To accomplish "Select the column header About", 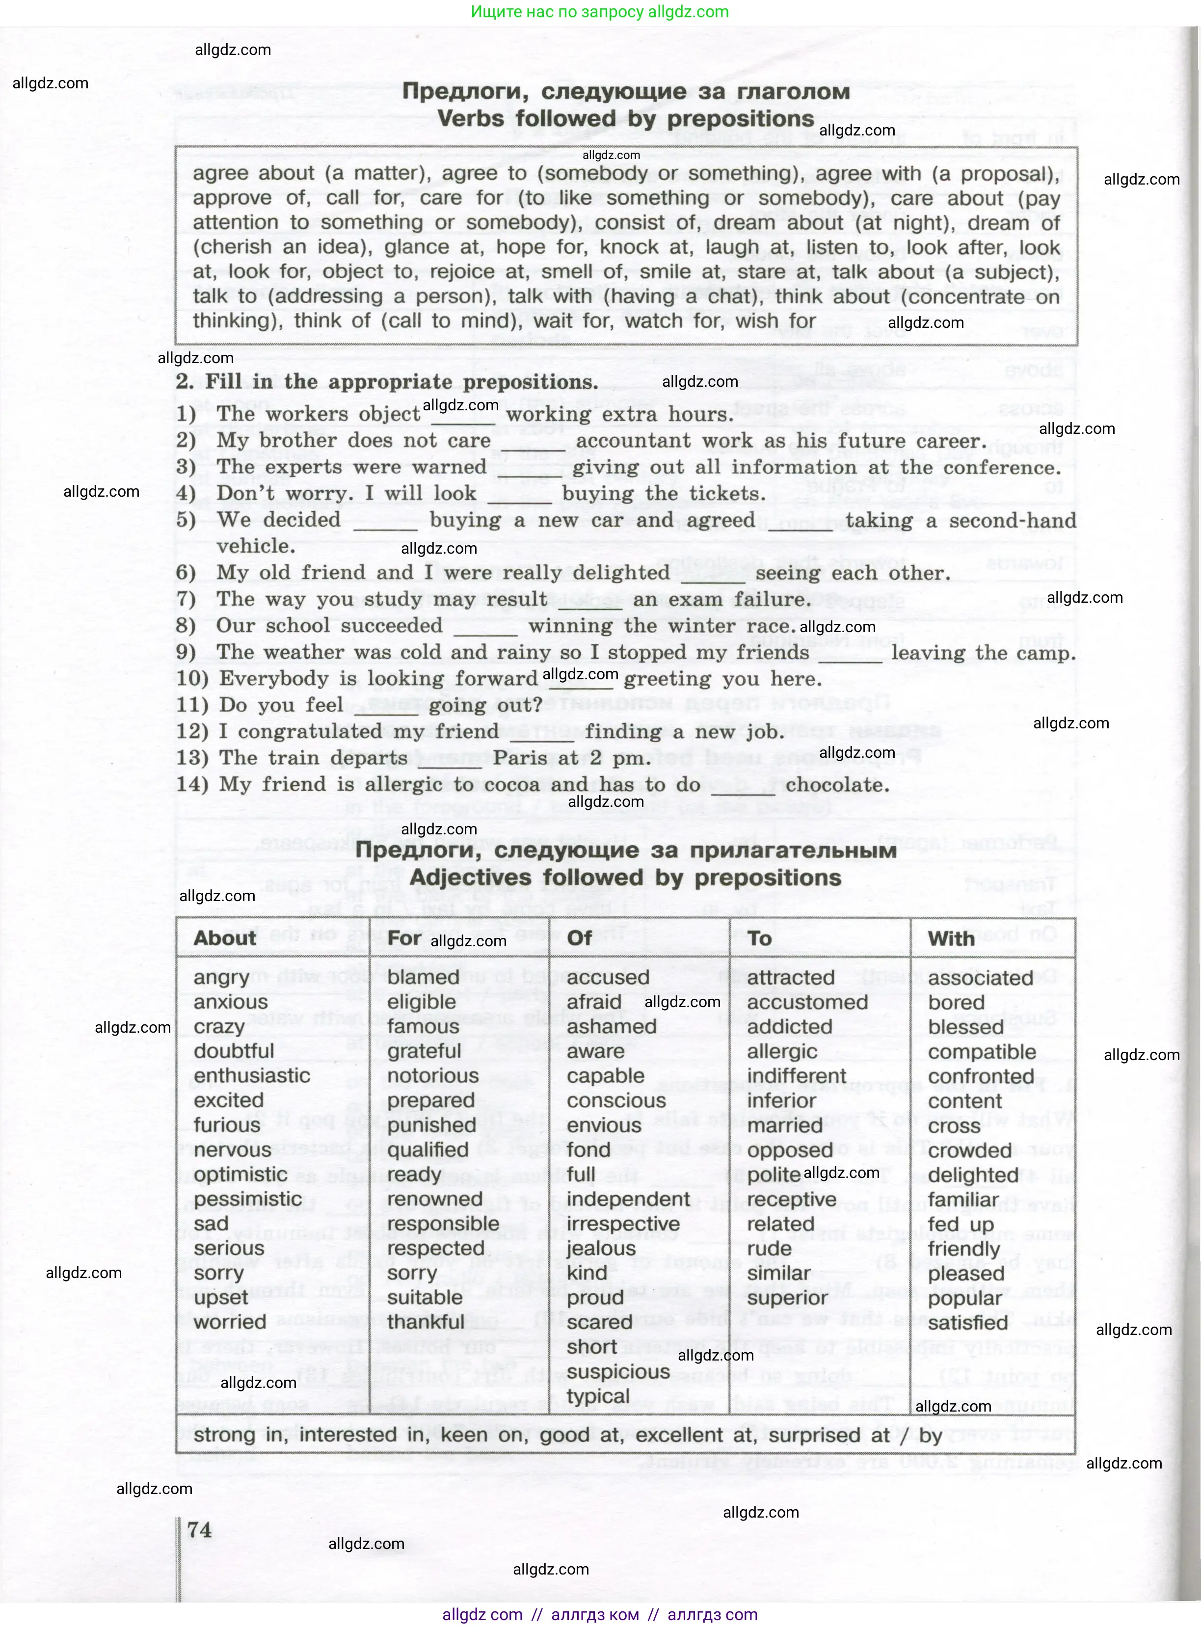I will pyautogui.click(x=225, y=938).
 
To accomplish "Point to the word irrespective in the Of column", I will pyautogui.click(x=623, y=1224).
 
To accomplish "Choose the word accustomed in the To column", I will pyautogui.click(x=807, y=1002).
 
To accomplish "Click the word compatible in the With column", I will pyautogui.click(x=982, y=1051).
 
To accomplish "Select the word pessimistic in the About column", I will pyautogui.click(x=247, y=1199).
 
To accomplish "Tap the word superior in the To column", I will pyautogui.click(x=787, y=1298).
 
